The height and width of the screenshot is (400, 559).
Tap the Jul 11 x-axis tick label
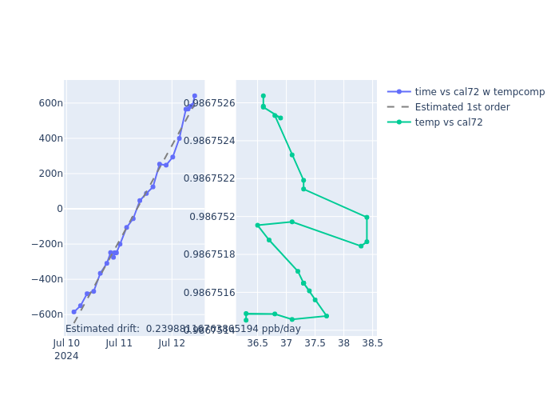[119, 343]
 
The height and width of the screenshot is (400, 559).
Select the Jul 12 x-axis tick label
[172, 343]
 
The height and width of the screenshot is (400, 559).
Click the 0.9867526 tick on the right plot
[209, 103]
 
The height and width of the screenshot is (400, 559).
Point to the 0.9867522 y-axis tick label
[209, 178]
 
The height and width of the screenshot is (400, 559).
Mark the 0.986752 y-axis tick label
[212, 217]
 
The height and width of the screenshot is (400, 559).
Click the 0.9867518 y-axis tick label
[209, 254]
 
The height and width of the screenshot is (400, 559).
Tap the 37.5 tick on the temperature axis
[315, 343]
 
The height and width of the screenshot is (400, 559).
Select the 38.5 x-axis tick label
[372, 343]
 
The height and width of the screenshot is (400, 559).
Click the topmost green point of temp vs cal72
[263, 96]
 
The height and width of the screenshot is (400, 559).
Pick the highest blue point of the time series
[194, 96]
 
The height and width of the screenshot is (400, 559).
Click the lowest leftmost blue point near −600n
[73, 312]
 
